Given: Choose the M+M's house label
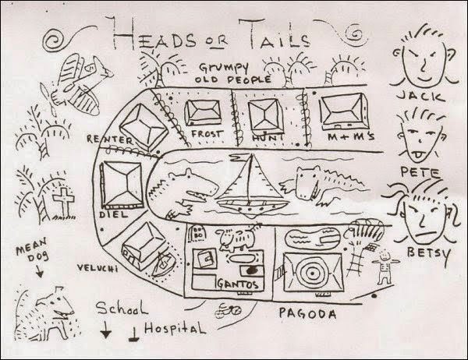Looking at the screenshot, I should tap(350, 136).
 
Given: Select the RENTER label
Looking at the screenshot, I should tap(110, 139).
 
